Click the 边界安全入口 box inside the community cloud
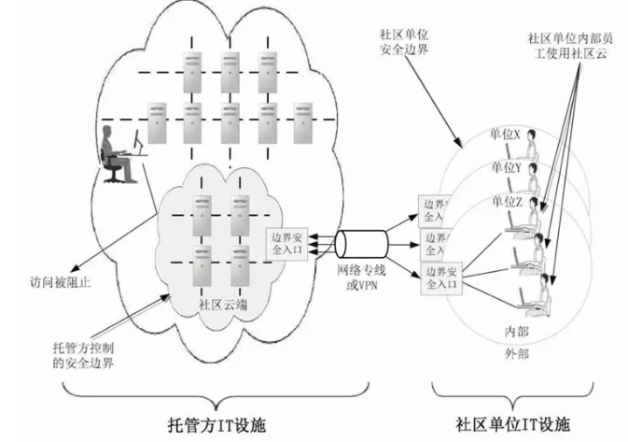[x=287, y=246]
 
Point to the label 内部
[x=516, y=331]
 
